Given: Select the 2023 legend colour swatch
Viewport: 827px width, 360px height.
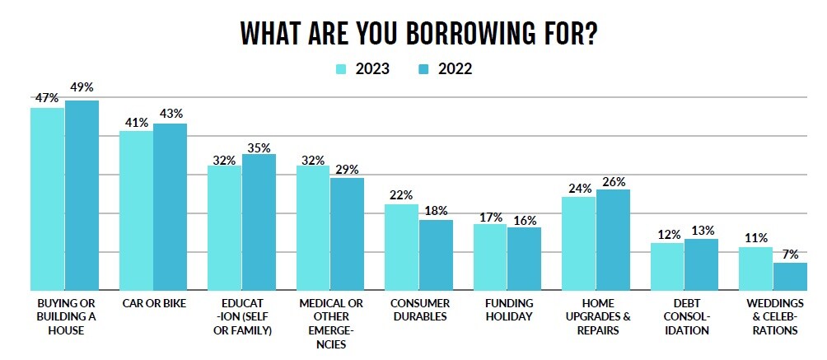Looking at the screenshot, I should [x=341, y=69].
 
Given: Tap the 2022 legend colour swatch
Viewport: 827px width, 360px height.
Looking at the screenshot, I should [x=426, y=69].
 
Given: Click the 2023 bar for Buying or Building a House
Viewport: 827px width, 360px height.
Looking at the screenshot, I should [x=47, y=199].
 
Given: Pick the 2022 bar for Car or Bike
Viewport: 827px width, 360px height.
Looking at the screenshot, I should [x=170, y=206].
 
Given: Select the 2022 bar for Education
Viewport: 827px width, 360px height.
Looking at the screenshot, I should [x=259, y=222].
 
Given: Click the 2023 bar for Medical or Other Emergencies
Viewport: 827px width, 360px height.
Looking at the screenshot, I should [x=313, y=227].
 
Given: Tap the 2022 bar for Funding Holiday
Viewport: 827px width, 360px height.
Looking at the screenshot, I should [x=524, y=258].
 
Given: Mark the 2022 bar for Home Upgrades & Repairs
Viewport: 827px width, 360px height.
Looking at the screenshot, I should [x=613, y=239].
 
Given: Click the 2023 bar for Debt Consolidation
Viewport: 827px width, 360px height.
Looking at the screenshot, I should [x=667, y=266].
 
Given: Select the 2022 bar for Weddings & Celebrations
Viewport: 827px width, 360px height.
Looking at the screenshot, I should [x=790, y=276].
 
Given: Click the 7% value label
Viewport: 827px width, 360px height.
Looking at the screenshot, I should [x=789, y=253].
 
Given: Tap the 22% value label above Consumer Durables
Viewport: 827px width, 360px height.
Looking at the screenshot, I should [x=401, y=194].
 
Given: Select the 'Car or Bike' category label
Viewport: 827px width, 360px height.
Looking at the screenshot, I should [x=153, y=304].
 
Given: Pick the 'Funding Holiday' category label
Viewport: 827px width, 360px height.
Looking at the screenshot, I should [x=504, y=310].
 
